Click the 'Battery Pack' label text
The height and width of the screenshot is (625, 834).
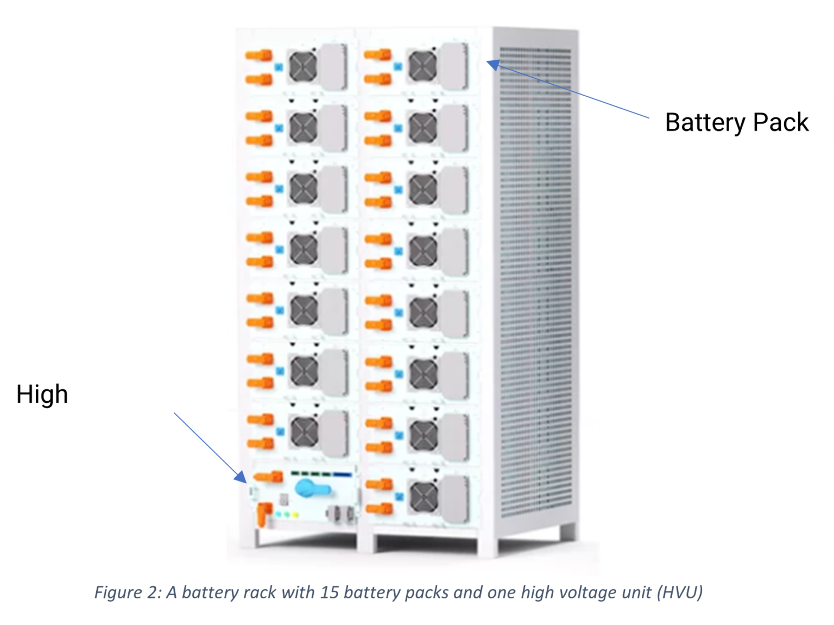coord(736,122)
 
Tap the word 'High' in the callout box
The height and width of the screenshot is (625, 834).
coord(42,394)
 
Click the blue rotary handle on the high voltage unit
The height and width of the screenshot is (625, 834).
coord(307,487)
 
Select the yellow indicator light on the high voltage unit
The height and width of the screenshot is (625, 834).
coord(296,515)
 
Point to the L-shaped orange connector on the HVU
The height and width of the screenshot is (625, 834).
coord(263,514)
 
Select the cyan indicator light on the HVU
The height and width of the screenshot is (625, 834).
coord(279,515)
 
